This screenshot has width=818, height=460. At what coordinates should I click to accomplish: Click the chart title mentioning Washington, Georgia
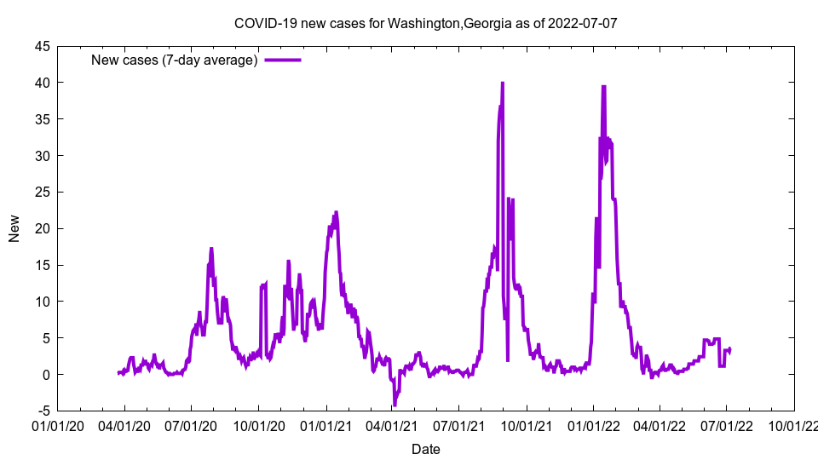(x=425, y=23)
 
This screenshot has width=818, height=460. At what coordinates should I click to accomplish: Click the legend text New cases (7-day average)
(x=174, y=60)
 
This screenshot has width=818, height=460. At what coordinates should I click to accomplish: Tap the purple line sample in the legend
(x=283, y=60)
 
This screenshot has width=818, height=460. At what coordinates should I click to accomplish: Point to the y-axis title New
(x=14, y=228)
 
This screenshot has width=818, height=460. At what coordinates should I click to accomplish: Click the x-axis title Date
(x=425, y=449)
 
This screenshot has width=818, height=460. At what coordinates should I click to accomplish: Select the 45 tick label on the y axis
(x=43, y=46)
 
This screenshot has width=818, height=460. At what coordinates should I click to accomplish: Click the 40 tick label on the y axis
(x=43, y=83)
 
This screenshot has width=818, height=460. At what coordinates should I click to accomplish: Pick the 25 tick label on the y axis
(x=43, y=192)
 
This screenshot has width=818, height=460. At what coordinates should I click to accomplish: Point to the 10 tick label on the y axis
(x=43, y=302)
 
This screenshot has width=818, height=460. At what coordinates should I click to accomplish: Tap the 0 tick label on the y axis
(x=46, y=375)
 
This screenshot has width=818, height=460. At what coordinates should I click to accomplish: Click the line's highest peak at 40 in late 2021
(x=503, y=83)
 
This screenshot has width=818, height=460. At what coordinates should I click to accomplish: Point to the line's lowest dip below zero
(x=395, y=405)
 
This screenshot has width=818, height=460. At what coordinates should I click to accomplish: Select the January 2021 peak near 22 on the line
(x=336, y=213)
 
